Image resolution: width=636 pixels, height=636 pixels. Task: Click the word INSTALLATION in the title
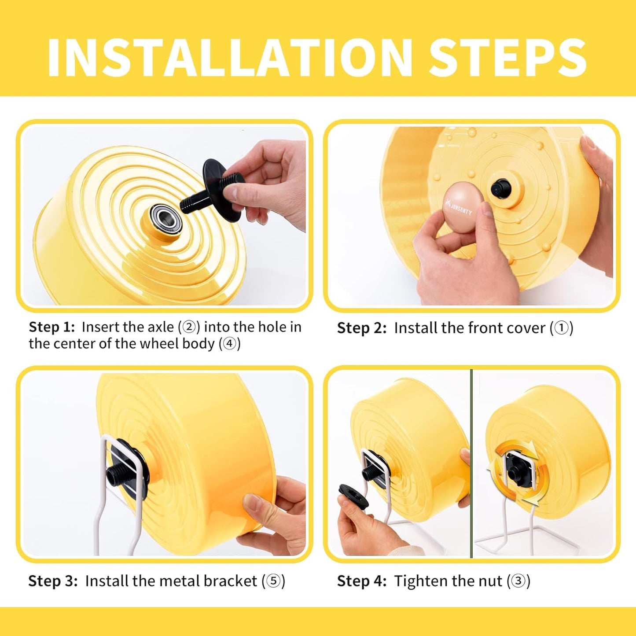229,58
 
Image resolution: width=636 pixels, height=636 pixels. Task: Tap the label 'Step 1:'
51,327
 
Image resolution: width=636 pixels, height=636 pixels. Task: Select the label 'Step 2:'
361,328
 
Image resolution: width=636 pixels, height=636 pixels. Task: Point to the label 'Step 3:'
53,581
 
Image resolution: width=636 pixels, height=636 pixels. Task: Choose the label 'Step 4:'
361,581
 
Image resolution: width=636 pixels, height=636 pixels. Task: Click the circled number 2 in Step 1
189,327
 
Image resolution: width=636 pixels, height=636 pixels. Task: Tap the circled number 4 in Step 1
230,344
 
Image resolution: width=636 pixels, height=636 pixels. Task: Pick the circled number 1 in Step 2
561,328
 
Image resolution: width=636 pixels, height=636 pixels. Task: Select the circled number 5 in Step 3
273,581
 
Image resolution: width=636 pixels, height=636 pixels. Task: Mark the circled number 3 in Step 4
518,581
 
